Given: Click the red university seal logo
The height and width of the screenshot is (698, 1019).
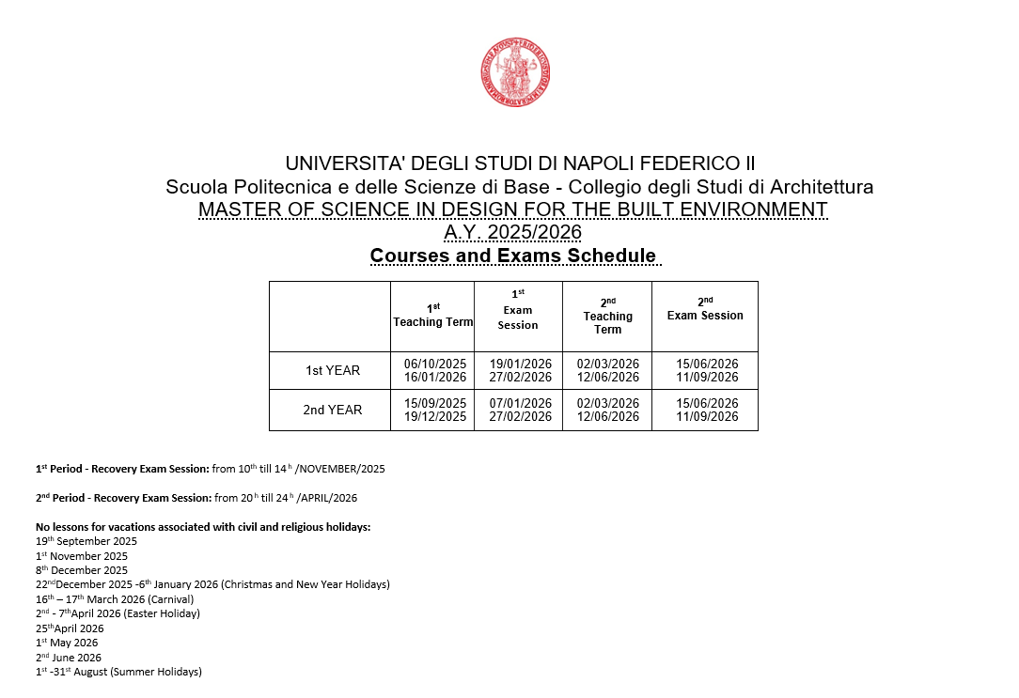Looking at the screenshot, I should tap(514, 72).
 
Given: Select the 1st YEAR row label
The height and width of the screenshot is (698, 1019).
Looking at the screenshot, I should tap(333, 371).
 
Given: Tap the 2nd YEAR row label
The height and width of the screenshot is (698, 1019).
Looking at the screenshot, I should tap(333, 411).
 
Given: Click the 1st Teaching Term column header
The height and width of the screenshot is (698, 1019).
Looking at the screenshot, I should tap(432, 316).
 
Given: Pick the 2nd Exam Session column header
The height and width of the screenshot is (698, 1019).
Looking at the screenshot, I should tap(705, 309).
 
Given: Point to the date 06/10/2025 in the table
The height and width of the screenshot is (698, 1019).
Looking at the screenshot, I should tap(435, 365).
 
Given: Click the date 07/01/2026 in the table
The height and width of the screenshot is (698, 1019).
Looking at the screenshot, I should tap(520, 404).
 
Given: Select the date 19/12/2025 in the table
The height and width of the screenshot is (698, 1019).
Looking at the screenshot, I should tap(435, 417).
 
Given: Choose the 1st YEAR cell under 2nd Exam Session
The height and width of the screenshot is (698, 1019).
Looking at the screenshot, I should tap(707, 371).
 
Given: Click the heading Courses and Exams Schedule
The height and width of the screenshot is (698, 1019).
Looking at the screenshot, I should tap(512, 256).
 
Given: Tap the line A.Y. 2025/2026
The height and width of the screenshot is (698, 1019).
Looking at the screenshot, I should tap(512, 232).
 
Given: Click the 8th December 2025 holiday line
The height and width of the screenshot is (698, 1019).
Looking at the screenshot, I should tap(82, 570).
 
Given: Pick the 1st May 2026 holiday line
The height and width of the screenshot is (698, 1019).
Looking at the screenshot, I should tap(67, 644).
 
